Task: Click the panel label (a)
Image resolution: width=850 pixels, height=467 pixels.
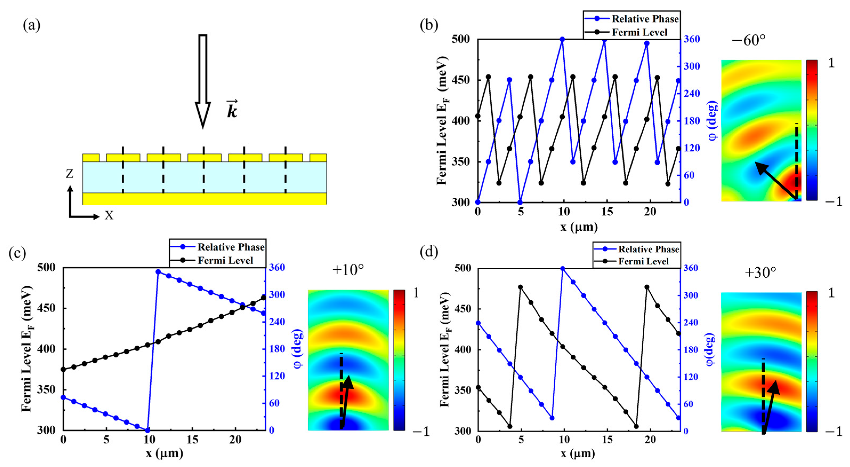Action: (31, 25)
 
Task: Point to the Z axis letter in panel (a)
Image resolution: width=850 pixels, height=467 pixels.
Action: (69, 173)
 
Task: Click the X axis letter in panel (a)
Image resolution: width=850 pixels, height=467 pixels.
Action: (109, 216)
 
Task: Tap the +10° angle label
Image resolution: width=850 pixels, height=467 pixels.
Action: (348, 270)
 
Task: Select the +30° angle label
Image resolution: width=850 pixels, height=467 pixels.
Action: (760, 273)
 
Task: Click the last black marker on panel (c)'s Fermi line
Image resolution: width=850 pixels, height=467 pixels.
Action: (263, 298)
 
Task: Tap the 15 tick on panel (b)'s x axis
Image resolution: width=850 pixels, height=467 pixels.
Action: (606, 212)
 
